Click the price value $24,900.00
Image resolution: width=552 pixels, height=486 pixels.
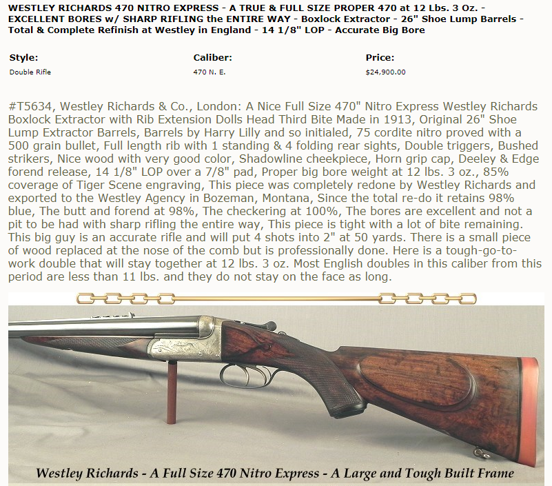tap(385, 72)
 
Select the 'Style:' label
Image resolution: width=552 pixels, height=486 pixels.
tap(23, 58)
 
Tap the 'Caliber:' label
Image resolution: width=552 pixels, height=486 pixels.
tap(213, 58)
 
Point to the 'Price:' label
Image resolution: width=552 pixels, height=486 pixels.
tap(380, 58)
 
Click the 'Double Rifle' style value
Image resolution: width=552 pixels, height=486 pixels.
tap(30, 72)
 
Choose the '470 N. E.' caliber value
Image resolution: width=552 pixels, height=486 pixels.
tap(209, 72)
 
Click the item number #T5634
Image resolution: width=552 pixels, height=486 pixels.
tap(32, 106)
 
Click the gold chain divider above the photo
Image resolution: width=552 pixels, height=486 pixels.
tap(276, 298)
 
